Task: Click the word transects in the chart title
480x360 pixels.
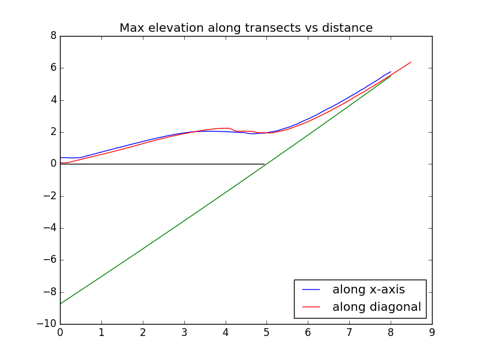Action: point(273,28)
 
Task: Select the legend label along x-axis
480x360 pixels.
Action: point(368,289)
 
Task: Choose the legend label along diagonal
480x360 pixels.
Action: point(377,307)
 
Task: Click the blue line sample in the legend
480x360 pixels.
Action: point(311,290)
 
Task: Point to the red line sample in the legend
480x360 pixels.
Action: point(311,307)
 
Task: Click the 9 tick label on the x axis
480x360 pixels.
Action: point(432,332)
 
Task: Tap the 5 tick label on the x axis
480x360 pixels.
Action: point(266,332)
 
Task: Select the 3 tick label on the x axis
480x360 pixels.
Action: point(184,332)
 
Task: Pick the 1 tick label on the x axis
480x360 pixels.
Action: point(101,332)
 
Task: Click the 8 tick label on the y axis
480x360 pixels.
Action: point(54,36)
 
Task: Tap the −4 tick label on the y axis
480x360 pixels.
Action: point(50,228)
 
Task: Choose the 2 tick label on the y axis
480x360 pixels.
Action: point(54,132)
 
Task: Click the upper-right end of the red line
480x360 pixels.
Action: point(411,62)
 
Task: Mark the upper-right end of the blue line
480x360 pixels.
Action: point(391,71)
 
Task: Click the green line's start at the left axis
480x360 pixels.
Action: point(61,304)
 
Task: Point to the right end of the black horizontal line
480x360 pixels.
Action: point(265,164)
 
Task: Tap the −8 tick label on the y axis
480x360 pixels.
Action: point(50,292)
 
